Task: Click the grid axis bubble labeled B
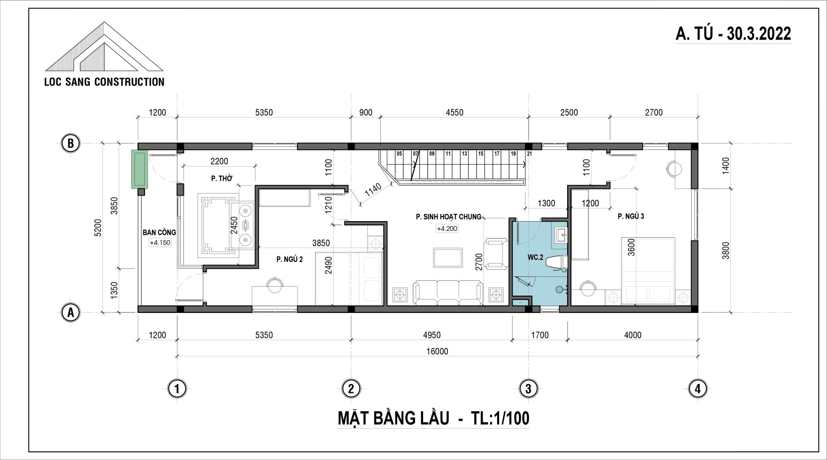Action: point(71,143)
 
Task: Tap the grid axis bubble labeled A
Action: point(71,312)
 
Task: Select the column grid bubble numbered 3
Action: point(528,389)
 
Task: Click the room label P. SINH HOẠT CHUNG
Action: point(448,217)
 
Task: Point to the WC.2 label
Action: point(535,257)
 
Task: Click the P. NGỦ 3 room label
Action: point(631,216)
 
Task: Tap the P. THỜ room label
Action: point(222,178)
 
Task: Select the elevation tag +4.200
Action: point(447,229)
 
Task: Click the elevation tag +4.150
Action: point(160,243)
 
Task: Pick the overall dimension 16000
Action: point(437,351)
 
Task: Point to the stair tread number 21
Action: point(530,154)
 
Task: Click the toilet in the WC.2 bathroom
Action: point(556,262)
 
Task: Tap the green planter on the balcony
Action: point(140,169)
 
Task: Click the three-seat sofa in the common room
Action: point(448,293)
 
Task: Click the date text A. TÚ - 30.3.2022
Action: point(733,34)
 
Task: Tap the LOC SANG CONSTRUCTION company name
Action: point(104,82)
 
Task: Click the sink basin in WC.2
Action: point(560,235)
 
